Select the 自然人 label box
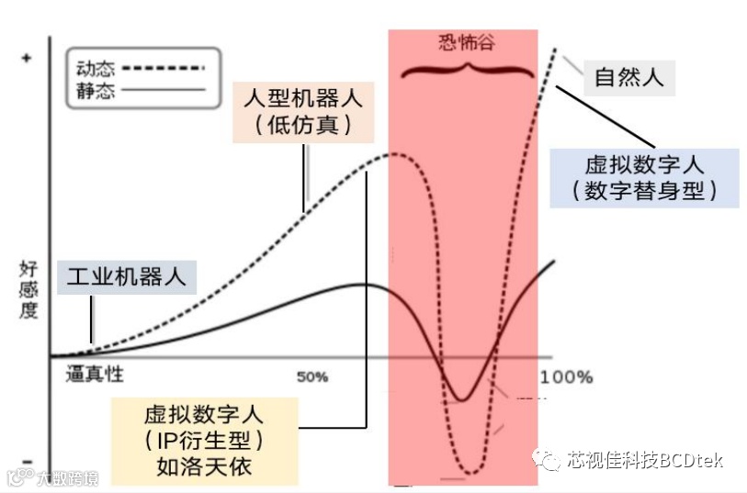(628, 76)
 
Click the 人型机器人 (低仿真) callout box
(303, 110)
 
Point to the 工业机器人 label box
(127, 276)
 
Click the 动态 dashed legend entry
(138, 68)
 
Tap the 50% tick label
(312, 376)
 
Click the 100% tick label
(566, 376)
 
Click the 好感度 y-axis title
(28, 288)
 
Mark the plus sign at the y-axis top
(26, 59)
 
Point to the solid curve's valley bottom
(462, 399)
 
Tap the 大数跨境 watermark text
(61, 477)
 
